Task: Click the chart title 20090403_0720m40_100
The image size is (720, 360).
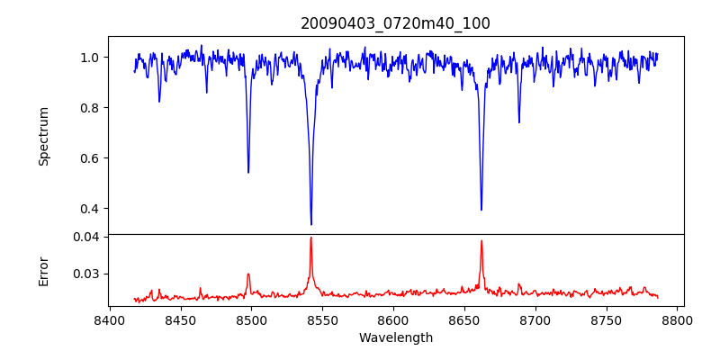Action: [x=395, y=23]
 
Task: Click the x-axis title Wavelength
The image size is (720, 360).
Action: [x=395, y=337]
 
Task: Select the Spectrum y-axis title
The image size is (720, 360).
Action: [x=44, y=136]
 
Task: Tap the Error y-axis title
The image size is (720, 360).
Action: [x=44, y=271]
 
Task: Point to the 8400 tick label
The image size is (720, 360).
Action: [x=109, y=320]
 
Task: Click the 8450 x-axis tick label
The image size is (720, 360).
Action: [x=180, y=320]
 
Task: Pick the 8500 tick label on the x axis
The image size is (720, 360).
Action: [x=251, y=320]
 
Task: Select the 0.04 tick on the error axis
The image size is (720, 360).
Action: [x=89, y=237]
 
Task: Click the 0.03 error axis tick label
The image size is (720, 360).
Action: [x=89, y=274]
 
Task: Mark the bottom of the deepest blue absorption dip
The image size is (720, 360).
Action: [x=311, y=224]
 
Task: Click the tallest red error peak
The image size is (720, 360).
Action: [x=311, y=238]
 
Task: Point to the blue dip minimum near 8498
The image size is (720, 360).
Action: [x=248, y=172]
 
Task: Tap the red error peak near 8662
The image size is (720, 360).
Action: [x=481, y=240]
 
